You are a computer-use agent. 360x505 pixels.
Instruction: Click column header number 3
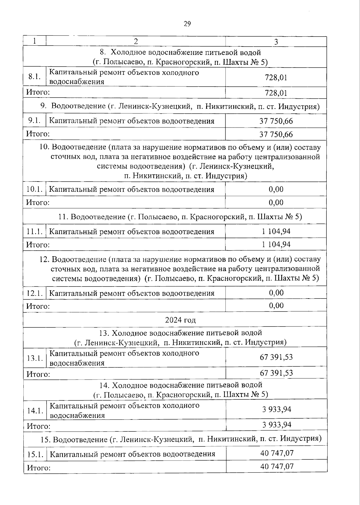[276, 42]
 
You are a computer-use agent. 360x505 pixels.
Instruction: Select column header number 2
[136, 41]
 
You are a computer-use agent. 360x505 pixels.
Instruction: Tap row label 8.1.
[34, 77]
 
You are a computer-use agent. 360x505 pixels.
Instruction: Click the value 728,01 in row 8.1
[276, 78]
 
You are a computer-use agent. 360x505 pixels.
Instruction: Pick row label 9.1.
[34, 121]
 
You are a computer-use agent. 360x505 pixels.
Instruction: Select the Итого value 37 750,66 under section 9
[276, 134]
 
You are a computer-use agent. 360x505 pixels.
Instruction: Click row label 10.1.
[34, 189]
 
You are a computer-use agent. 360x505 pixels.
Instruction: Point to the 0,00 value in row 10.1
[276, 189]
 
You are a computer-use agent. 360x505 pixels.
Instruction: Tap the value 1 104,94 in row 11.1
[276, 231]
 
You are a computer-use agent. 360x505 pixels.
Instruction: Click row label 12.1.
[34, 293]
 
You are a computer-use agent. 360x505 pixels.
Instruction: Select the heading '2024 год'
[180, 320]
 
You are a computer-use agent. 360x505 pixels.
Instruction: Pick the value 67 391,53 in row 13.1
[276, 357]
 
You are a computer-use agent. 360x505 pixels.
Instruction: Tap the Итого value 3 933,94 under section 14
[277, 425]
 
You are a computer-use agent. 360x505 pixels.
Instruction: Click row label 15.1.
[35, 454]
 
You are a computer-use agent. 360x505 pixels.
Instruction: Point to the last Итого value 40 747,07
[277, 466]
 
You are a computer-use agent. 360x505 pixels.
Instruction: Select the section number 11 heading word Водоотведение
[98, 217]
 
